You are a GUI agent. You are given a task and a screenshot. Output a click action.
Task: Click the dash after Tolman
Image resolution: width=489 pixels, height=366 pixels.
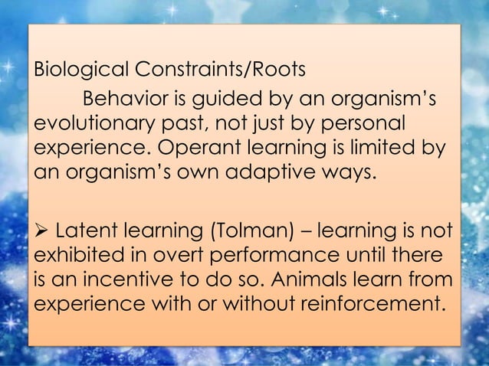[x=304, y=231]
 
